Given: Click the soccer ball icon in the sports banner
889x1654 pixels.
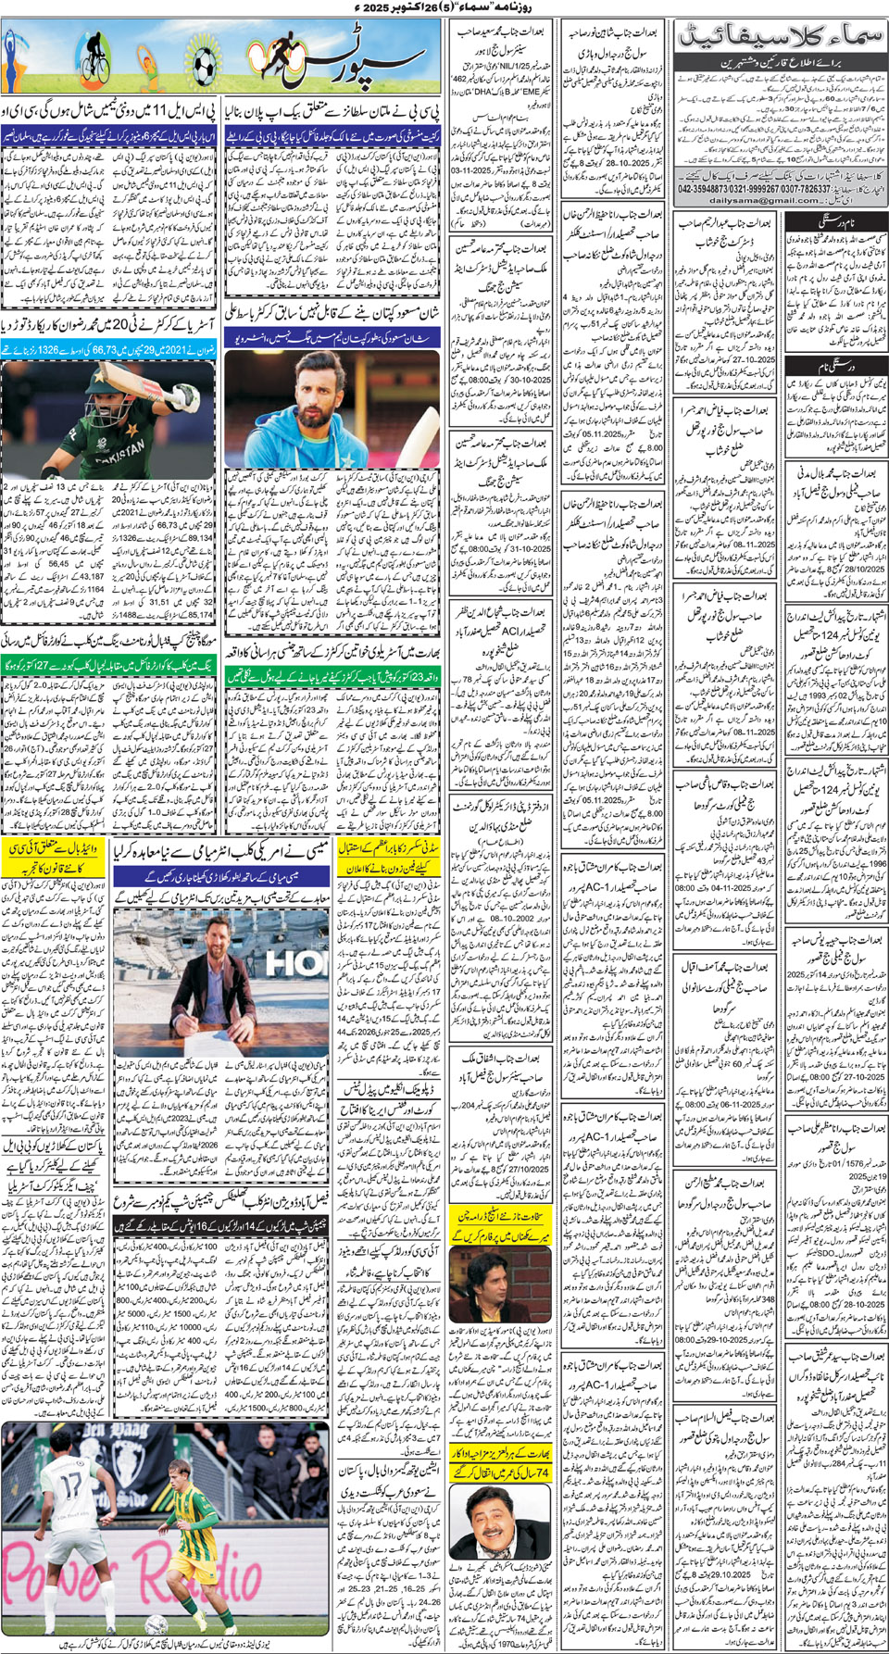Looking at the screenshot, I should [203, 63].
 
